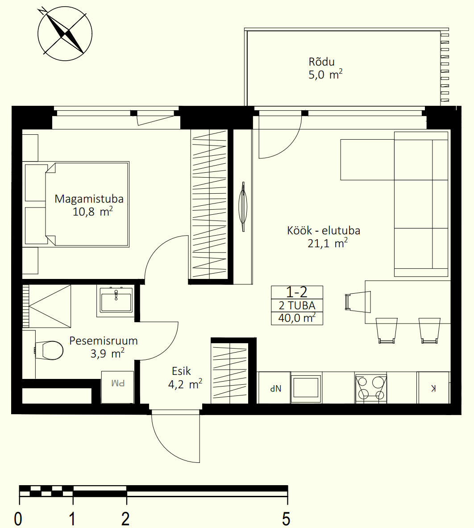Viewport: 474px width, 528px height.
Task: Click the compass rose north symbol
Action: click(65, 33)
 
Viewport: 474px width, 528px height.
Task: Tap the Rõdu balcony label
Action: click(321, 62)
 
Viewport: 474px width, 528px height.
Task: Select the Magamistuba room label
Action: click(89, 199)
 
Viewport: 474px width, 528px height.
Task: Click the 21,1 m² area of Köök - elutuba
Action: click(328, 243)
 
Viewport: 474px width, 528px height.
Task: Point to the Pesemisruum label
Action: click(104, 341)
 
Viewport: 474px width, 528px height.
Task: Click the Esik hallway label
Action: click(181, 371)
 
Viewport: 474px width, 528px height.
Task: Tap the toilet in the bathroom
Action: click(49, 350)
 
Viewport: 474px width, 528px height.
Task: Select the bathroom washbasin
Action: click(116, 301)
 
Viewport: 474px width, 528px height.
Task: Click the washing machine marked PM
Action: click(117, 387)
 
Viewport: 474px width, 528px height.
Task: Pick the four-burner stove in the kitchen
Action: click(370, 387)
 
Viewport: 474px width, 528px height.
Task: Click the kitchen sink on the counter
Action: click(306, 387)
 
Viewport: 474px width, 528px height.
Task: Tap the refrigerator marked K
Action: click(433, 387)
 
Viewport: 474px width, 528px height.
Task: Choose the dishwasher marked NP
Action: click(274, 387)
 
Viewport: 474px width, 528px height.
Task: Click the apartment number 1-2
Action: click(297, 292)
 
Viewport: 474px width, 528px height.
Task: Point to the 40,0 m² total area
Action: click(297, 318)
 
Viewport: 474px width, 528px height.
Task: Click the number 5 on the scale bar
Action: click(286, 519)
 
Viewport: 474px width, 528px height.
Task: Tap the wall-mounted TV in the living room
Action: click(243, 206)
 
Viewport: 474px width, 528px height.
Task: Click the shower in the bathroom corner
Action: click(47, 306)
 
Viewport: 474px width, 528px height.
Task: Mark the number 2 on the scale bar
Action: click(125, 519)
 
